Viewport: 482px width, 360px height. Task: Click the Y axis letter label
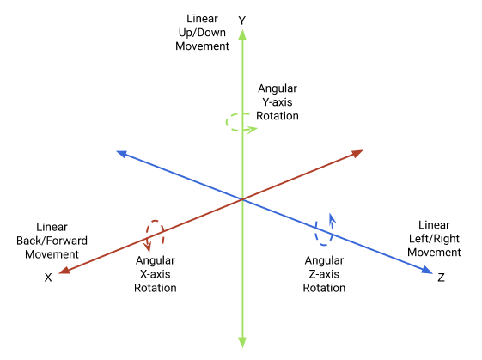(x=242, y=20)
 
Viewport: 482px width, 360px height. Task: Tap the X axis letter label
(x=49, y=278)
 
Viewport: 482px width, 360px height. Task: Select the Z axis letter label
(x=441, y=278)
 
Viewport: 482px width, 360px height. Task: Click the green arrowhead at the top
(x=242, y=35)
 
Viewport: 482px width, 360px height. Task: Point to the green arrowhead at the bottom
(x=242, y=342)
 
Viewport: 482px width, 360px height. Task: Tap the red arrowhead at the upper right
(x=355, y=154)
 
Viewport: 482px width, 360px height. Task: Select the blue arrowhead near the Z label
(x=426, y=271)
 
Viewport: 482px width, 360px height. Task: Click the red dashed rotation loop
(x=155, y=233)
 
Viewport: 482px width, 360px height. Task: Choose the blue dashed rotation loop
(x=325, y=228)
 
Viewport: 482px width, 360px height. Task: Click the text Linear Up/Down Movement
(x=202, y=33)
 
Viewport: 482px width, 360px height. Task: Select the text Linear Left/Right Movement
(x=434, y=238)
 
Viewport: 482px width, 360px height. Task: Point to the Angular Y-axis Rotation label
(x=278, y=102)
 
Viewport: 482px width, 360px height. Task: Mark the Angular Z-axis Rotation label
(x=324, y=273)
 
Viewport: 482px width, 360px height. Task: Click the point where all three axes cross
(x=242, y=199)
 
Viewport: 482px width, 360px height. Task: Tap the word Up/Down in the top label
(x=202, y=33)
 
